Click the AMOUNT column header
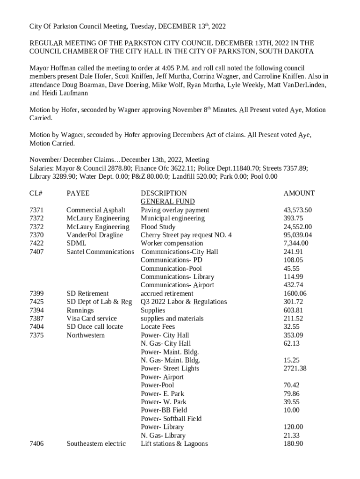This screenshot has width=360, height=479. click(299, 193)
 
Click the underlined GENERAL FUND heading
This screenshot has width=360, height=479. click(167, 202)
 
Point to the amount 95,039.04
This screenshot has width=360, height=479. click(298, 235)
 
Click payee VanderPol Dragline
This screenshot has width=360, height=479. click(94, 235)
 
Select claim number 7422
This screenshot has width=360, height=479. click(36, 243)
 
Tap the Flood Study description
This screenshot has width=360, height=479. click(158, 227)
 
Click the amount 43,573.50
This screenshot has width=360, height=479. click(298, 210)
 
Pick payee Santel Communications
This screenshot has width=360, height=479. click(100, 252)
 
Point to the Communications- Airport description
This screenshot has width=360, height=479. click(177, 285)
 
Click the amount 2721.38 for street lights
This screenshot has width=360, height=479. click(295, 368)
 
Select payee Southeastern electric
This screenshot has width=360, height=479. click(96, 443)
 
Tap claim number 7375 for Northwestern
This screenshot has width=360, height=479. click(36, 335)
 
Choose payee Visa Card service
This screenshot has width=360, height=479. click(91, 319)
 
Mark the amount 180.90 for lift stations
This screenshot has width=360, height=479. click(293, 443)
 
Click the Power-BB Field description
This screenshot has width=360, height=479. click(164, 410)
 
